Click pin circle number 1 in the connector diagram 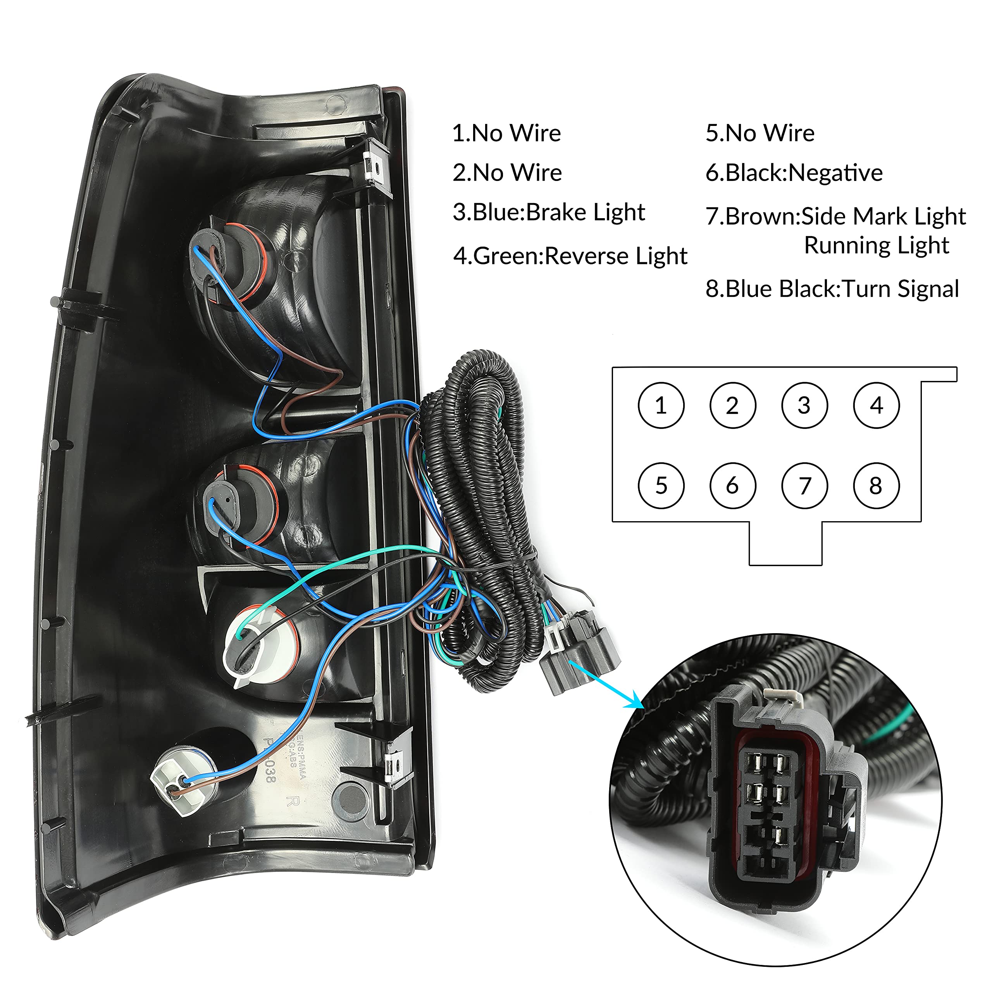coord(661,406)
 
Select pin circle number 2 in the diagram coord(733,406)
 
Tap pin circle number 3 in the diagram coord(804,406)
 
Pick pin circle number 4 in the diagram coord(877,406)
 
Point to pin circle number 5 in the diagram coord(661,486)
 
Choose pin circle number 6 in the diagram coord(733,486)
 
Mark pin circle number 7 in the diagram coord(804,486)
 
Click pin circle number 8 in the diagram coord(877,486)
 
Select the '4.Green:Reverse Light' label coord(570,256)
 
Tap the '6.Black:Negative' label coord(794,173)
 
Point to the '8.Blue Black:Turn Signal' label coord(832,289)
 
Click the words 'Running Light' coord(877,245)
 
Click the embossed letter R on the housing coord(293,801)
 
